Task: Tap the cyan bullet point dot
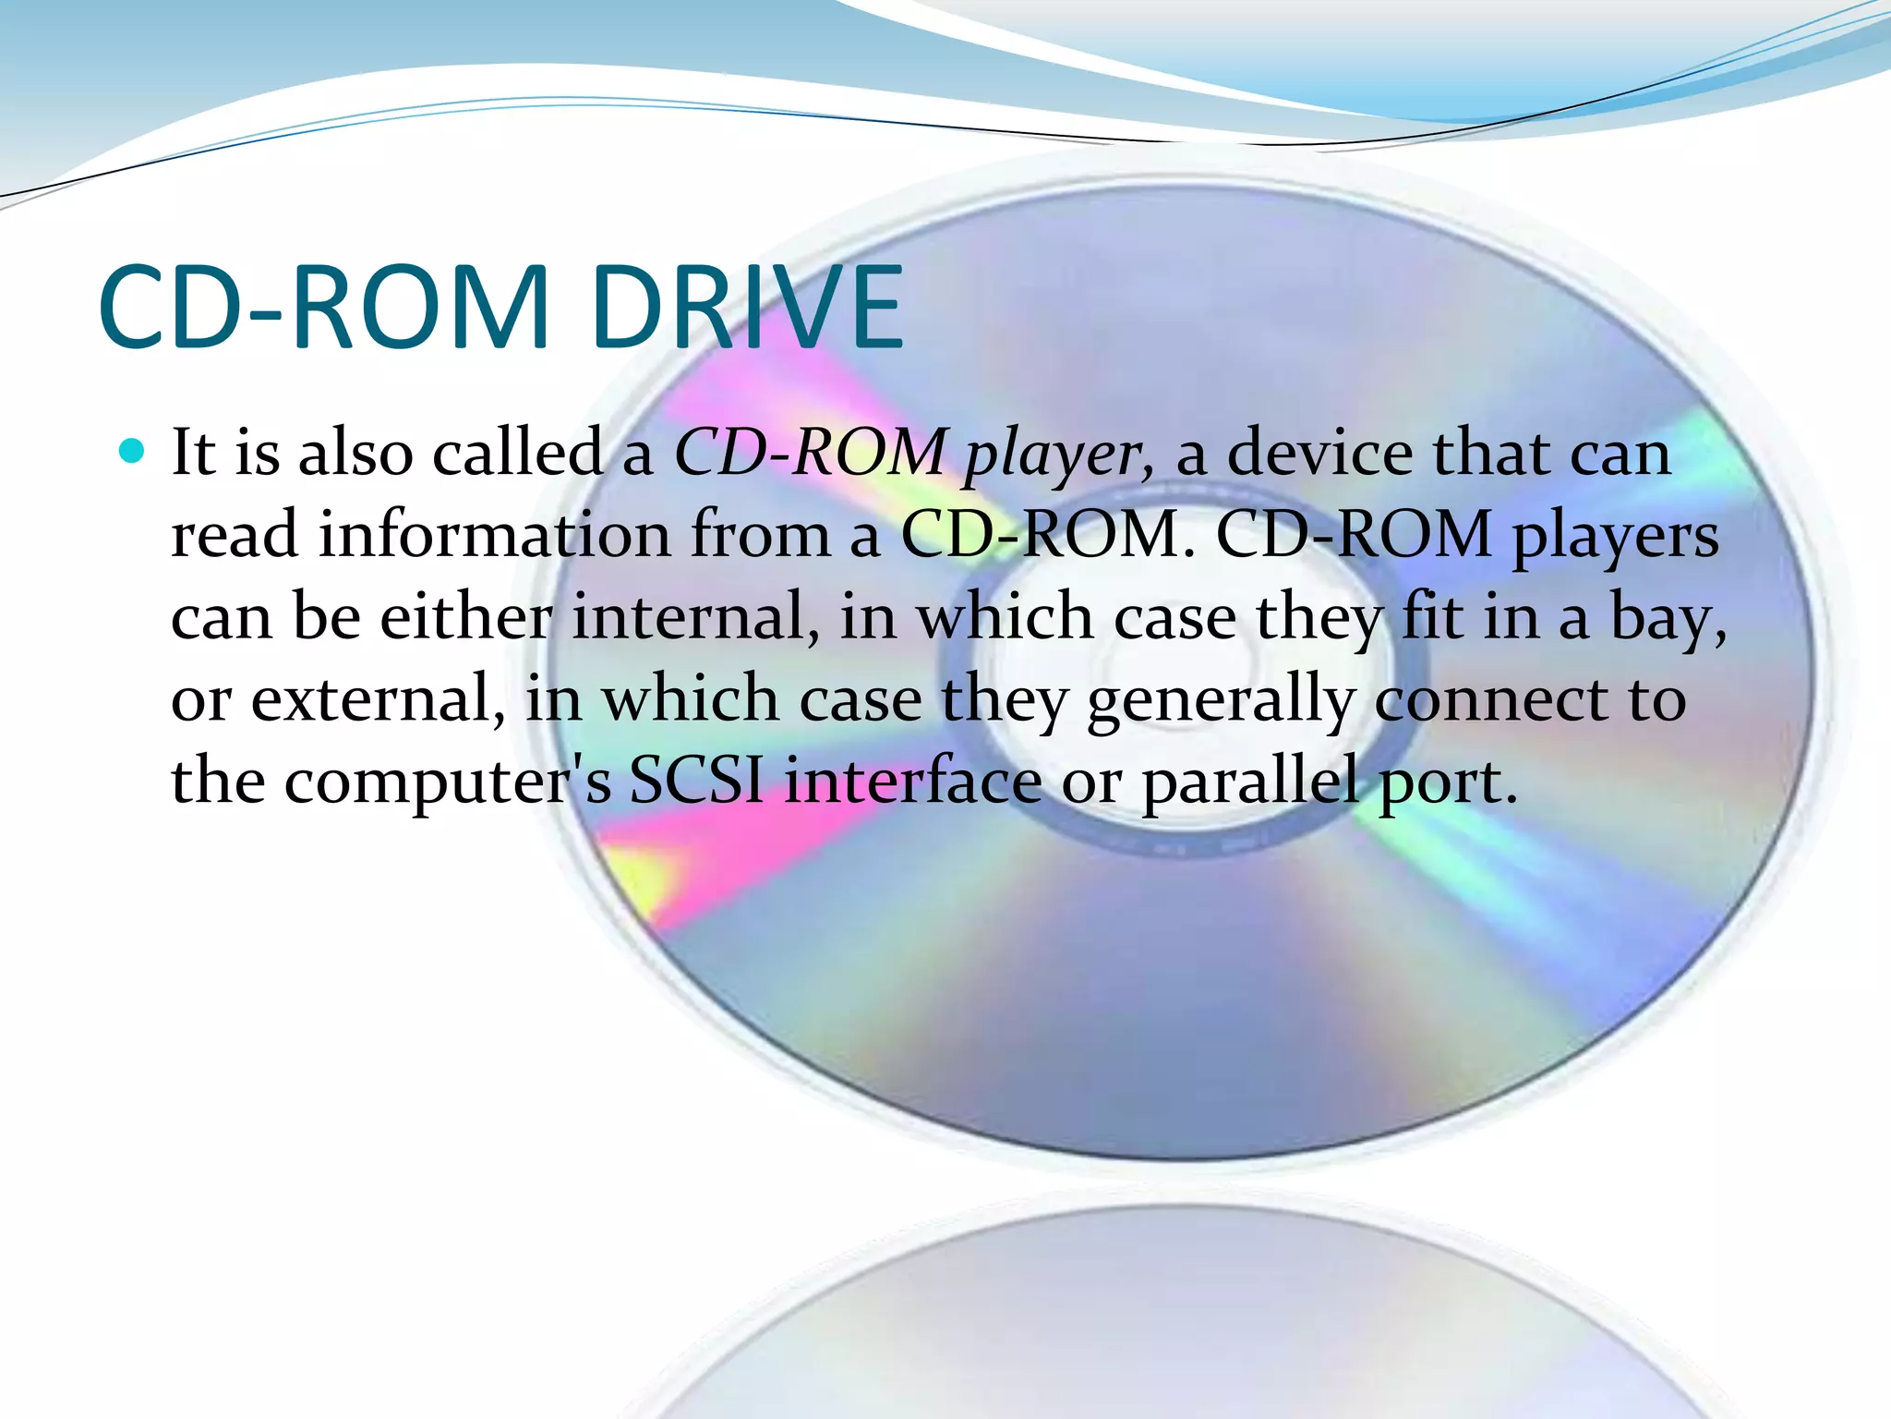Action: pyautogui.click(x=133, y=451)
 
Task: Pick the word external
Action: pyautogui.click(x=378, y=698)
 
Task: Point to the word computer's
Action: pyautogui.click(x=447, y=782)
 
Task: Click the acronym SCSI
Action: pyautogui.click(x=696, y=780)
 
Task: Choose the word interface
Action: pyautogui.click(x=914, y=780)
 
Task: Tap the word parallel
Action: pyautogui.click(x=1250, y=782)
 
